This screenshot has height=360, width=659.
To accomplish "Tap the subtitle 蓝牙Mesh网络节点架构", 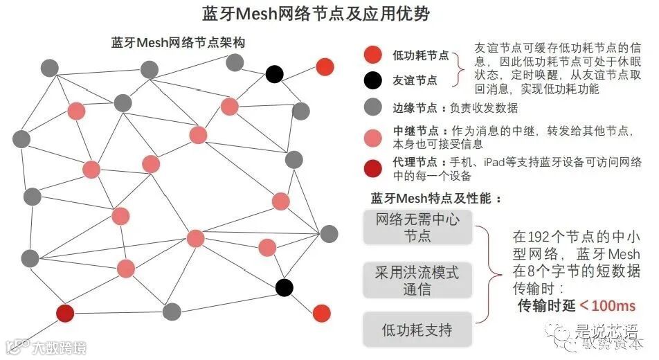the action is tap(179, 43).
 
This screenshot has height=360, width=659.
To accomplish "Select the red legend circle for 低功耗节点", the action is tap(372, 55).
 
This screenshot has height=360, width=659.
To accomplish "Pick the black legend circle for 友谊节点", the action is tap(372, 80).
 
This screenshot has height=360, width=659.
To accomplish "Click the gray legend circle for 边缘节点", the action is tap(372, 107).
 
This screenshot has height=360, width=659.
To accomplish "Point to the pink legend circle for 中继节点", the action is tap(372, 137).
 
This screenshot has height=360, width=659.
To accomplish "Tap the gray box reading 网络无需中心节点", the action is tap(417, 228).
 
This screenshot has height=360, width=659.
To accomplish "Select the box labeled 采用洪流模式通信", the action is tap(417, 280).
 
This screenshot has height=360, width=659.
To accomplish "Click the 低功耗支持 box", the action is tap(417, 330).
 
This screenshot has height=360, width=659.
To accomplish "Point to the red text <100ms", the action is tap(607, 305).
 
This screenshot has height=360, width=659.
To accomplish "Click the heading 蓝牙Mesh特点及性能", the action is tap(436, 199).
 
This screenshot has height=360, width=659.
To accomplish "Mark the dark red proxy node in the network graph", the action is tap(65, 313).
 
